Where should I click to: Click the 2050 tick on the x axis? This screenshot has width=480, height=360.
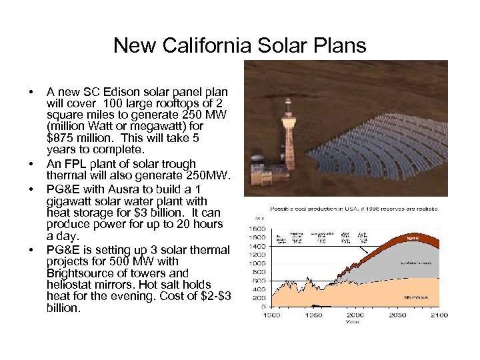(x=397, y=315)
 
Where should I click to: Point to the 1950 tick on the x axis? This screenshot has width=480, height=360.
(x=313, y=315)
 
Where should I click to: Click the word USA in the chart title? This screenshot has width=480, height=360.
(x=343, y=209)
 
